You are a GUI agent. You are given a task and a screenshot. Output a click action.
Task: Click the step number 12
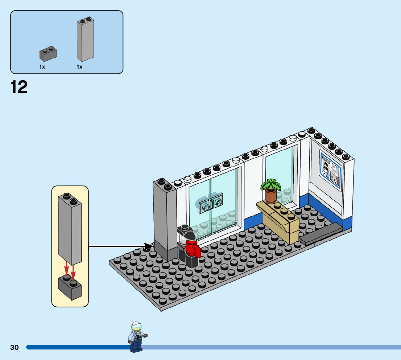19,87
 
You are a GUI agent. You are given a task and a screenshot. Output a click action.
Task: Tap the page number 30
15,347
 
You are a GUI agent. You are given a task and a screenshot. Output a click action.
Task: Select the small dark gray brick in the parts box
48,54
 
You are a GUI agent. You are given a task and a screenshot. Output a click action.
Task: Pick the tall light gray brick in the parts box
85,40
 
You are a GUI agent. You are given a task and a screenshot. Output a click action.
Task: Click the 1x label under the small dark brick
42,67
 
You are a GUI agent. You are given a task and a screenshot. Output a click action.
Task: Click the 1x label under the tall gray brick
79,67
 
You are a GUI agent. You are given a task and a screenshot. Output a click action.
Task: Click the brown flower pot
270,196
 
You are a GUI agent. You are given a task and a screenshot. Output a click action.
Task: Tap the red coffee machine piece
192,248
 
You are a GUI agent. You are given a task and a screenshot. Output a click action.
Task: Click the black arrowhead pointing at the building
149,247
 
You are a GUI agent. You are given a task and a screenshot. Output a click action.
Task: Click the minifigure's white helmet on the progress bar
136,326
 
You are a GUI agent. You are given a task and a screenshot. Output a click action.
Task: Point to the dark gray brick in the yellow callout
70,287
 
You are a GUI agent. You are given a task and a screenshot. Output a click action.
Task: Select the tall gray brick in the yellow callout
70,229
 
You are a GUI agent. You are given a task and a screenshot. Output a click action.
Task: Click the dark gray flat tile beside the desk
321,234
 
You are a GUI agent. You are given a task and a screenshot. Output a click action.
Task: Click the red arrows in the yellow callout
70,271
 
